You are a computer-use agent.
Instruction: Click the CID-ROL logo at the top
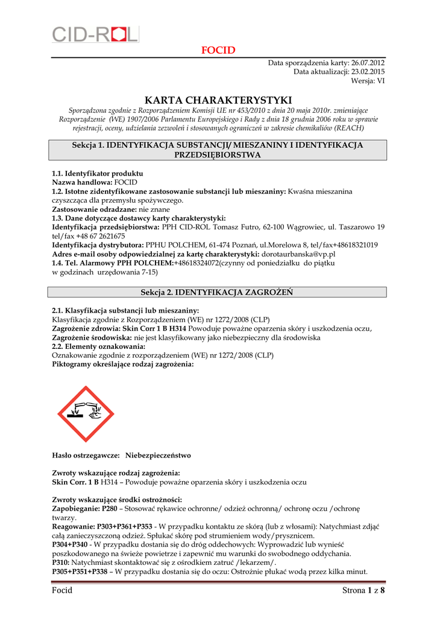pos(95,34)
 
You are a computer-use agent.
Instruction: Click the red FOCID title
pos(218,50)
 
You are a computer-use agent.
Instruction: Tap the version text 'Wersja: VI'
pos(368,81)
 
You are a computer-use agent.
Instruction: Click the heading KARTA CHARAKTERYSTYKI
pos(218,100)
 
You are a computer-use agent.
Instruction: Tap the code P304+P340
pos(70,544)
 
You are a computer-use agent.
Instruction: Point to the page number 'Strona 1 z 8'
pos(363,590)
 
